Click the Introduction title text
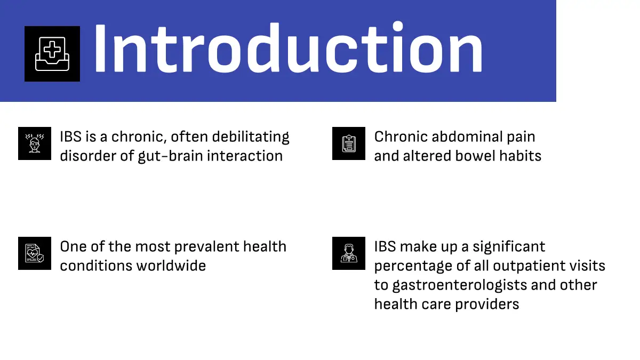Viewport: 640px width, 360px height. click(x=289, y=47)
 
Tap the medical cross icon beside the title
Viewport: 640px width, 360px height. click(x=52, y=54)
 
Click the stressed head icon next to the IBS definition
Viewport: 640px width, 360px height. click(x=35, y=143)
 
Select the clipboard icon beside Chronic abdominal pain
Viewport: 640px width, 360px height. click(x=349, y=143)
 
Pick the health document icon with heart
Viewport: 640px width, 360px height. click(x=35, y=253)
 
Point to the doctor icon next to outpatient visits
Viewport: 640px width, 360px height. click(x=349, y=253)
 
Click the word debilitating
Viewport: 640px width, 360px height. click(x=251, y=137)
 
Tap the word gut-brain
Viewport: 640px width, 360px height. click(x=170, y=156)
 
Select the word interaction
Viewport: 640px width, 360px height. click(x=245, y=156)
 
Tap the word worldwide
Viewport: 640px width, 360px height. click(x=171, y=266)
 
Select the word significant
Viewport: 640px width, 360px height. click(x=509, y=247)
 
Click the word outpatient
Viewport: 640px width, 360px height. click(x=527, y=266)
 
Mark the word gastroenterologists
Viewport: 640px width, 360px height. click(x=459, y=285)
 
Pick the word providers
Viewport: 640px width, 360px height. click(x=487, y=305)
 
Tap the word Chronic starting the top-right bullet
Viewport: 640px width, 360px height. click(x=401, y=137)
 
